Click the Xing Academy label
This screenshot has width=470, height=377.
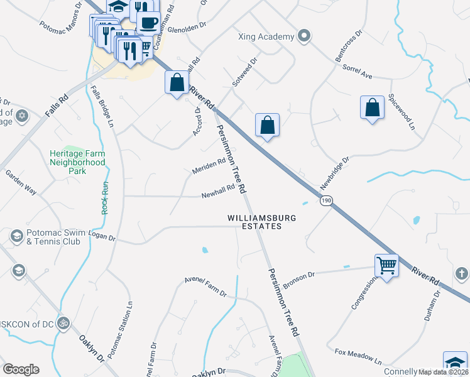pos(266,36)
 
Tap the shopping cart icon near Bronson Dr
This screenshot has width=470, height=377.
pos(386,265)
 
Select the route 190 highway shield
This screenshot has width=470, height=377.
pos(325,200)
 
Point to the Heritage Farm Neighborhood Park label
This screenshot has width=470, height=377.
pos(77,161)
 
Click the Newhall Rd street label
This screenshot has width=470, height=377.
pos(218,191)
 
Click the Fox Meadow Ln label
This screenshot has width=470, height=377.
pos(358,357)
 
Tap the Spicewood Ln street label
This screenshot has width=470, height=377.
pos(402,112)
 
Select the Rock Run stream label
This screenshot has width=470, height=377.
pos(105,198)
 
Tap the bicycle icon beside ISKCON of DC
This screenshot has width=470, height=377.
pos(62,324)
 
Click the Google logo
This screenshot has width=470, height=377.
pos(21,369)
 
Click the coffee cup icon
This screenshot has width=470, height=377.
pos(148,23)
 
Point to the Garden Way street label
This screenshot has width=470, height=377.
pos(21,182)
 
